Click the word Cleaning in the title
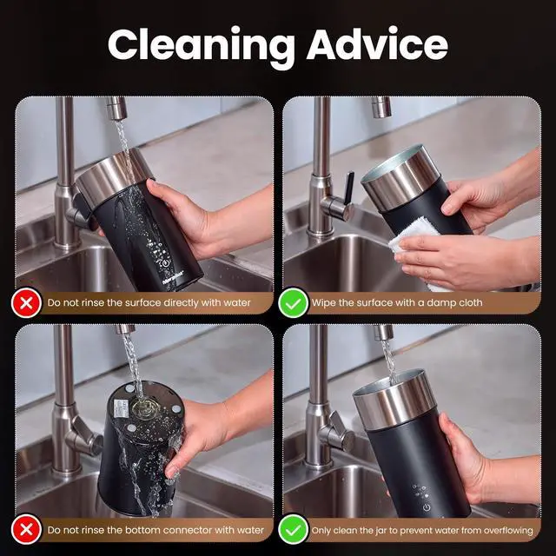(202, 46)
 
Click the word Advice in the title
(377, 44)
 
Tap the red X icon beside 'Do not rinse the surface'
(26, 303)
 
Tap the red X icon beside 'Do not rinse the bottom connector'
(26, 530)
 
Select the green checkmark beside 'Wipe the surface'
(294, 303)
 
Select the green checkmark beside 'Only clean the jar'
(294, 530)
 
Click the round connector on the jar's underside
(145, 407)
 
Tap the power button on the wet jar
(166, 264)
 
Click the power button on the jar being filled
(427, 507)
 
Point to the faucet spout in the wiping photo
(381, 107)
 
